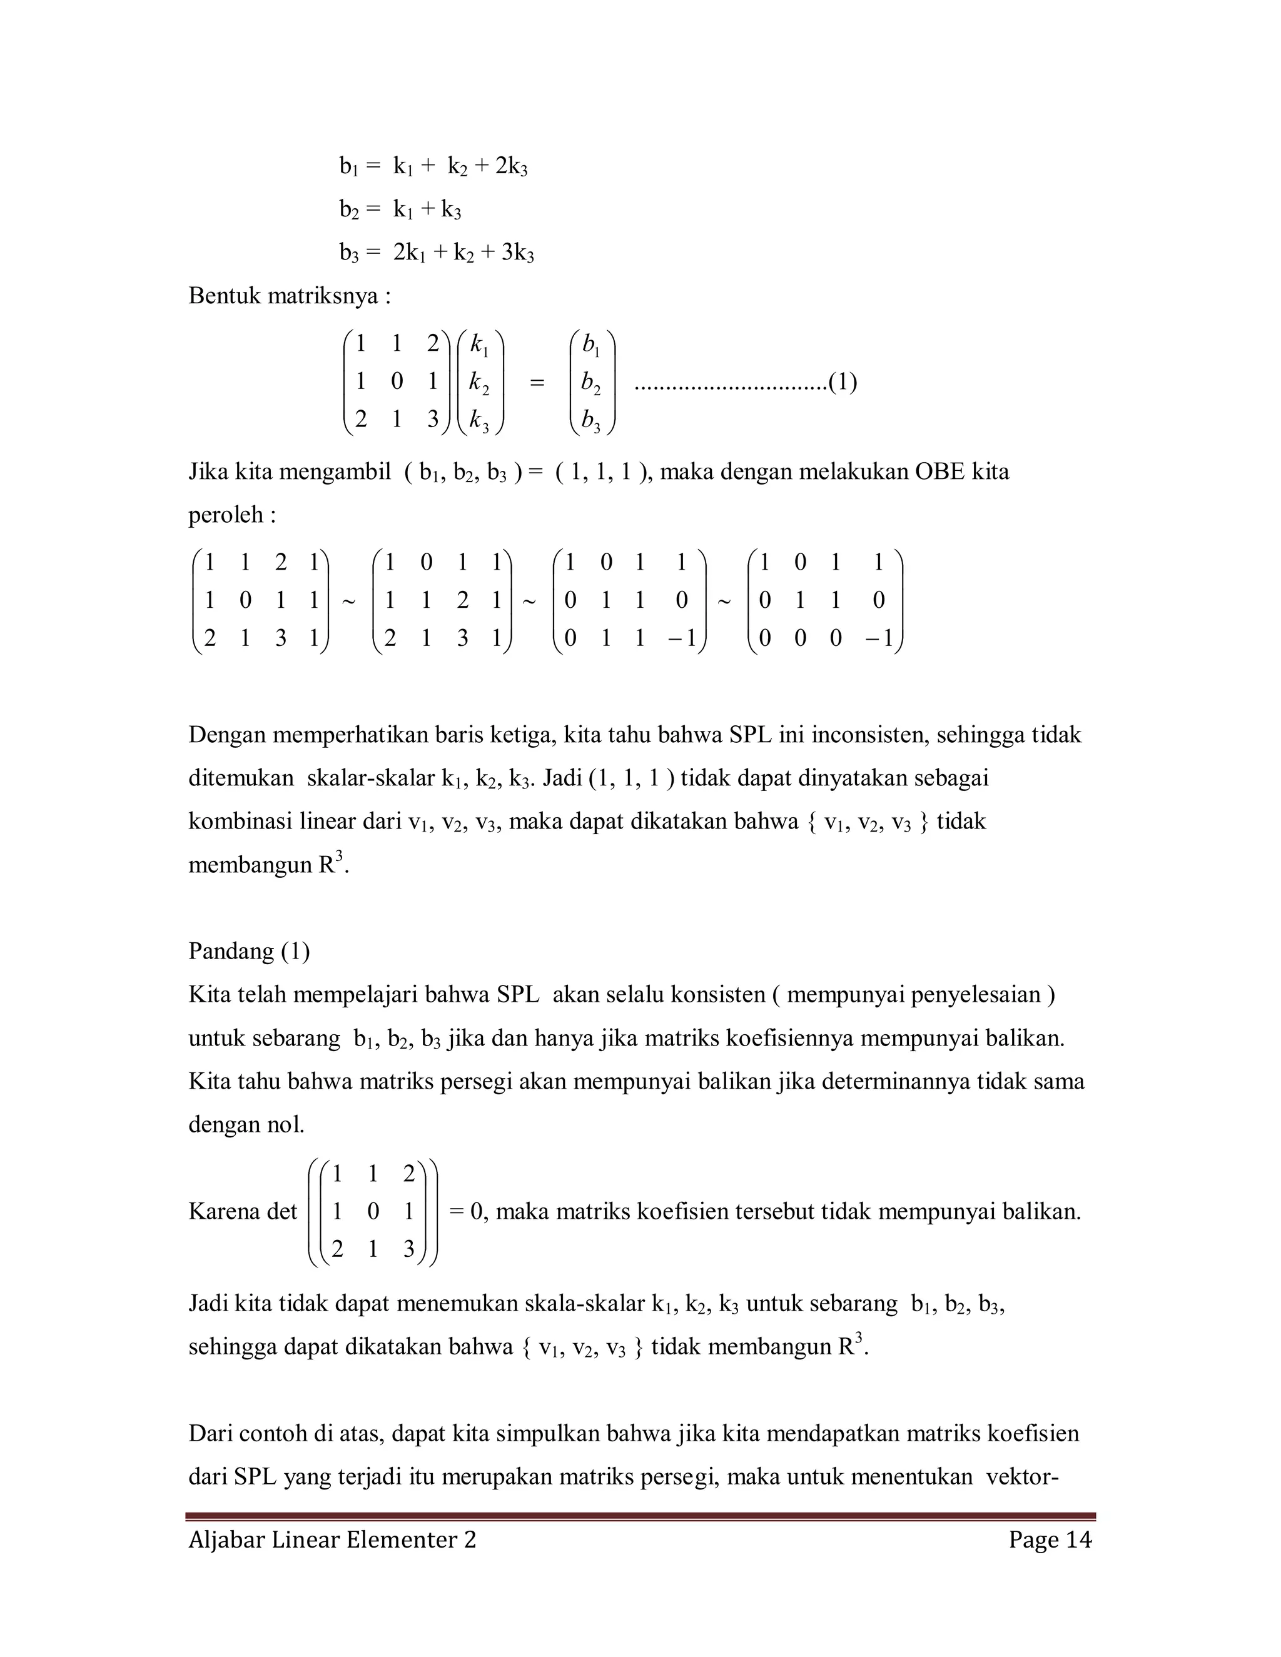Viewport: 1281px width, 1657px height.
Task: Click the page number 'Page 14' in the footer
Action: tap(1050, 1539)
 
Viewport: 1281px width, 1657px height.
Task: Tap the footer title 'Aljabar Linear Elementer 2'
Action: tap(332, 1539)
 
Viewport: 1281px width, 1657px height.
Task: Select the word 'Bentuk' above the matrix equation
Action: tap(220, 296)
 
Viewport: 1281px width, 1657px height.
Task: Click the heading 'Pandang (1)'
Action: tap(249, 950)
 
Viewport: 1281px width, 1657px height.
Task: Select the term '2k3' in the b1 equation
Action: tap(511, 166)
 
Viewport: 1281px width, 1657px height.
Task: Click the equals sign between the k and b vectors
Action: tap(537, 383)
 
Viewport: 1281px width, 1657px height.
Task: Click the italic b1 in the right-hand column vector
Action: tap(590, 344)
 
